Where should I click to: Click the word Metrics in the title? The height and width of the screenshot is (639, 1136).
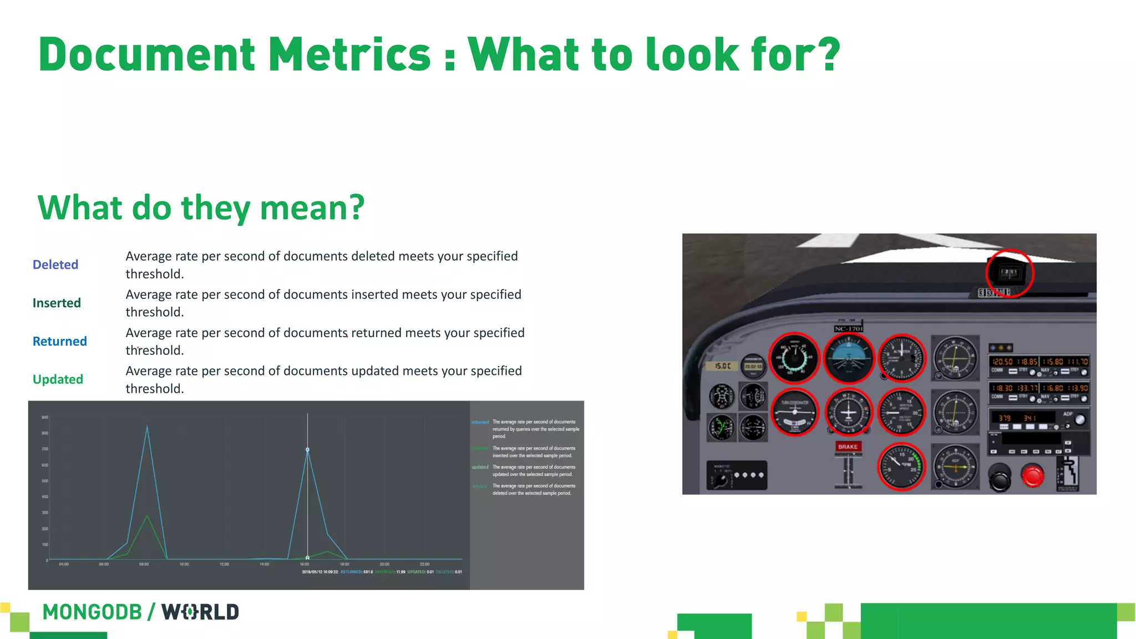[349, 54]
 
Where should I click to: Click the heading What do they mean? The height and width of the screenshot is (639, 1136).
[201, 208]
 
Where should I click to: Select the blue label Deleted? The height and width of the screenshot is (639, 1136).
[55, 265]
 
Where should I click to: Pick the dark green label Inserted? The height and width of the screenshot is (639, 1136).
[57, 303]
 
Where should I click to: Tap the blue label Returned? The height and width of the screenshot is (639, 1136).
[59, 341]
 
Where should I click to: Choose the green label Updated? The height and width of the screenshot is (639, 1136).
[58, 379]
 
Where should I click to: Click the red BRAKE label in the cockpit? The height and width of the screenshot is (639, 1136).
[848, 447]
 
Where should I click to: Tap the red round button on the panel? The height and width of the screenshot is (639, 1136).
[1032, 476]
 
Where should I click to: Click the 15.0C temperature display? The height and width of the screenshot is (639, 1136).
[722, 366]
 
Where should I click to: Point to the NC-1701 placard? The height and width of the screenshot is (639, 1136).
[848, 328]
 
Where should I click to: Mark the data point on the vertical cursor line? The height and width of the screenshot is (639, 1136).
[307, 450]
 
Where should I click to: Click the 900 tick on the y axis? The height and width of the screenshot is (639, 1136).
[45, 417]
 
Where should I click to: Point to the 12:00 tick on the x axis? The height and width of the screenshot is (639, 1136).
[224, 564]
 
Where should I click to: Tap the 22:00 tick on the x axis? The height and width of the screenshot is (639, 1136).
[424, 564]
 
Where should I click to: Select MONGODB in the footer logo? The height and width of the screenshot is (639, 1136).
[92, 612]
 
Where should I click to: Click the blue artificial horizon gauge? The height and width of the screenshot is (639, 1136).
[848, 358]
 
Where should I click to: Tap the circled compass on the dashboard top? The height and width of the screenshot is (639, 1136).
[1009, 273]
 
